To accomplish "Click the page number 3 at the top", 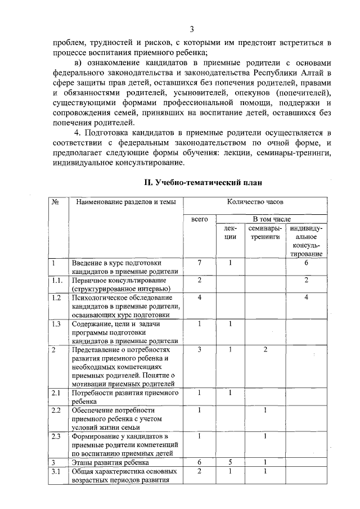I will click(192, 30).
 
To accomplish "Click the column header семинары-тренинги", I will click(265, 233).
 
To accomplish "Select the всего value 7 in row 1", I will click(200, 263).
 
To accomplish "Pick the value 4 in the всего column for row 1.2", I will click(200, 297).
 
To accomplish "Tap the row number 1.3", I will click(56, 323).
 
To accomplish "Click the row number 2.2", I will click(56, 409).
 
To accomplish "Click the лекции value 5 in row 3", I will click(230, 462).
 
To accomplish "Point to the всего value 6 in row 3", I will click(200, 462).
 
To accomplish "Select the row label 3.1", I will click(56, 471).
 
